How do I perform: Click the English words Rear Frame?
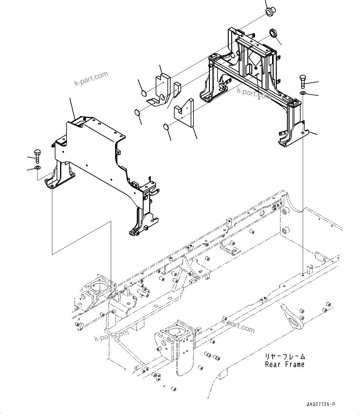pyautogui.click(x=285, y=365)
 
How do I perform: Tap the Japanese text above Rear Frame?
pyautogui.click(x=285, y=357)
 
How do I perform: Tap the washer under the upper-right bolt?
pyautogui.click(x=303, y=93)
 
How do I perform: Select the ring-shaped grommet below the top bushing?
pyautogui.click(x=273, y=33)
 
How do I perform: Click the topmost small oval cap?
pyautogui.click(x=144, y=93)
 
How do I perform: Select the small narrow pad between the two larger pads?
pyautogui.click(x=177, y=90)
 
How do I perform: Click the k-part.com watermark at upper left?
pyautogui.click(x=91, y=78)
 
